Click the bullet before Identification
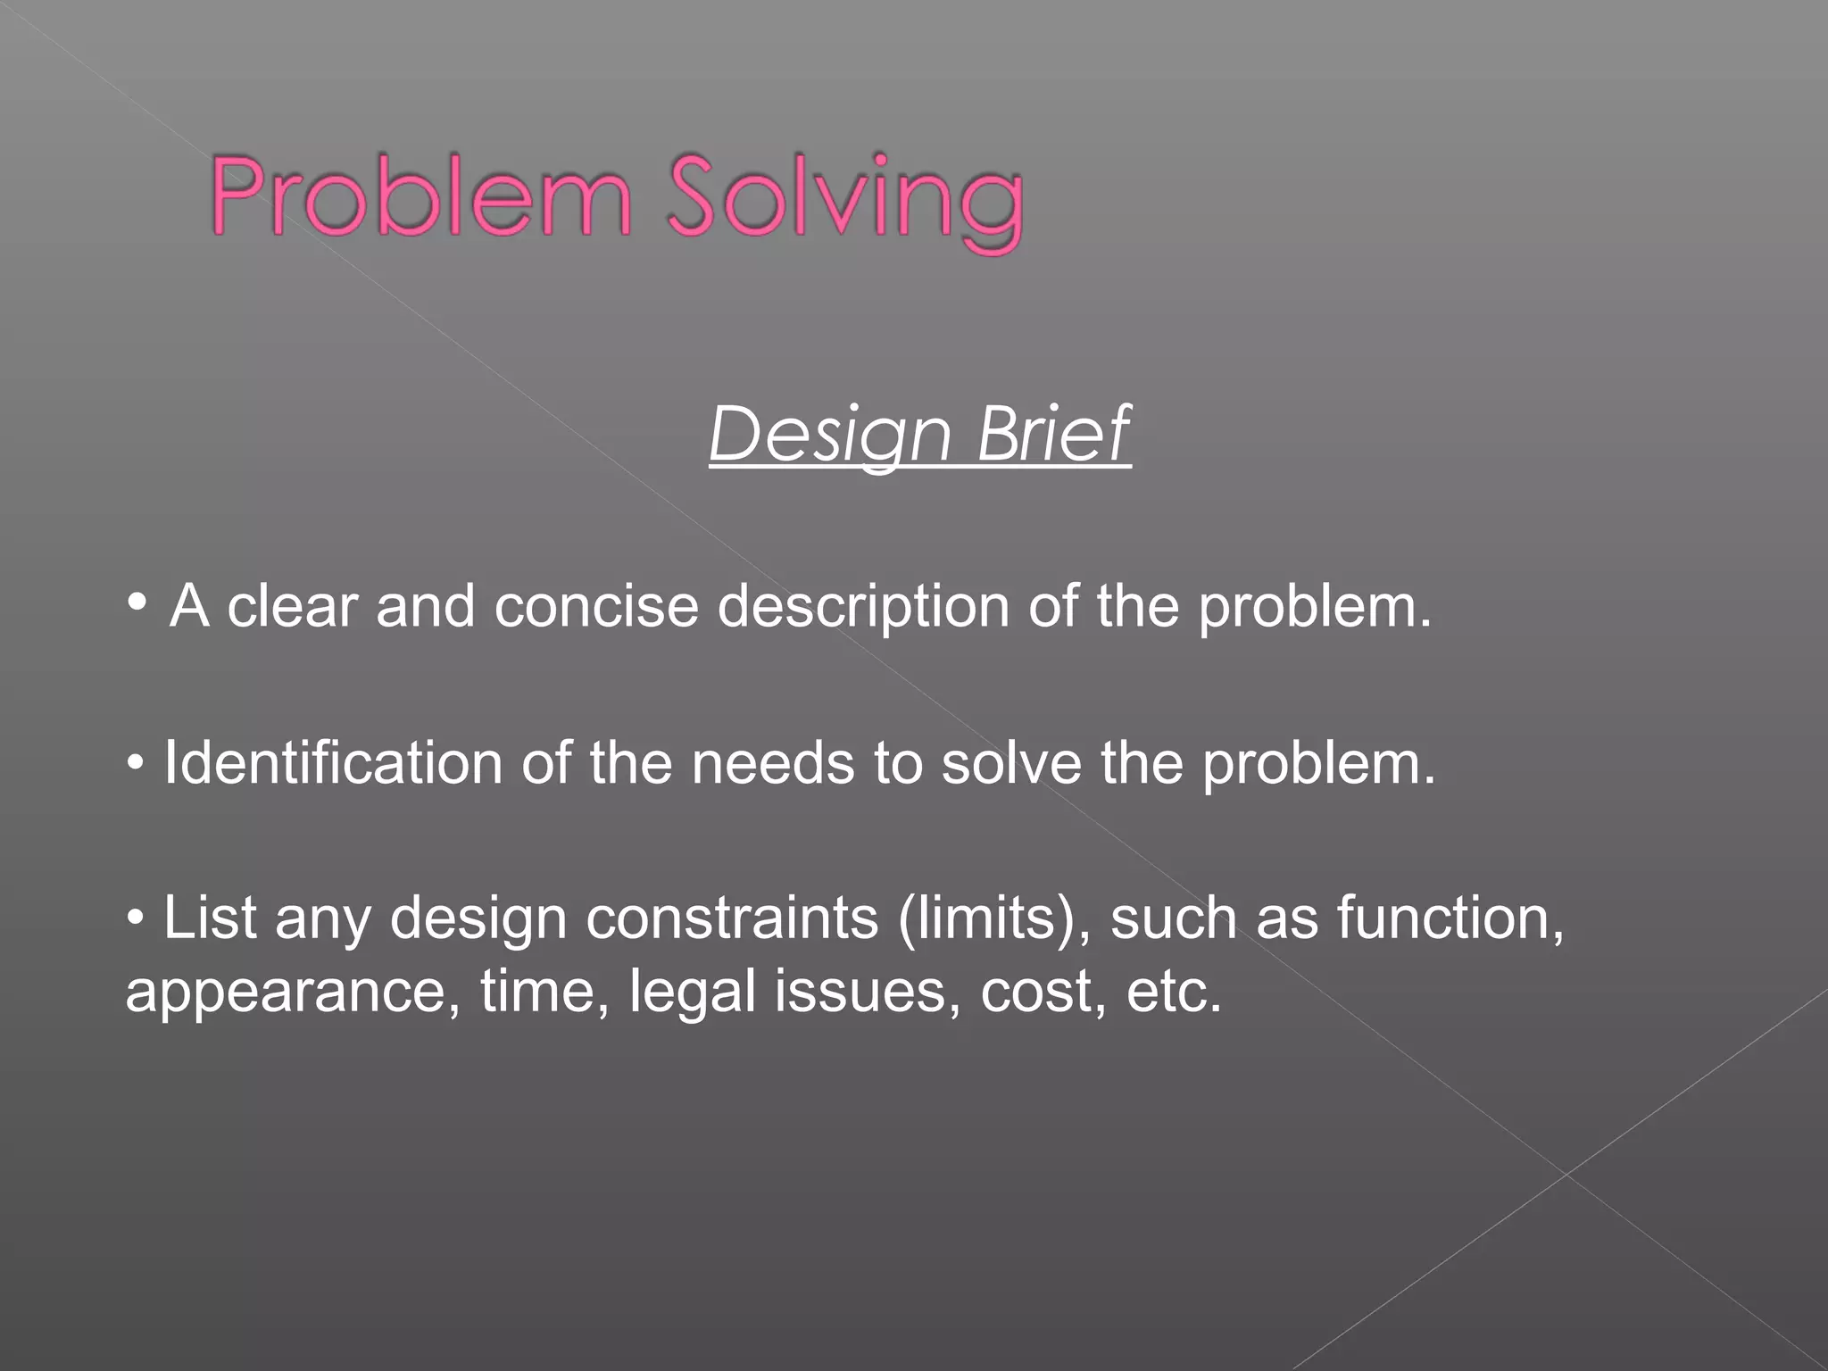[136, 764]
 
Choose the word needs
[773, 765]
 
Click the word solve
[1010, 765]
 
